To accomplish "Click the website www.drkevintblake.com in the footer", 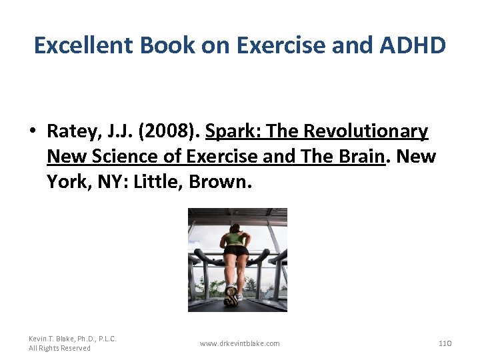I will tap(240, 343).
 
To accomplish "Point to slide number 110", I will tap(445, 343).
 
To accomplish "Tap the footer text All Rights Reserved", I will tap(59, 348).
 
